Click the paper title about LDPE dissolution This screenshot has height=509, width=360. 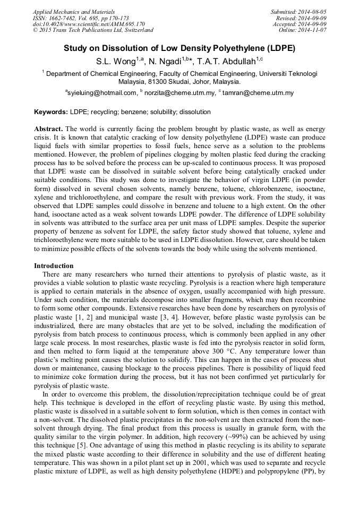(x=179, y=48)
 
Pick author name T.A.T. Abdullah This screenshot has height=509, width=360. (x=232, y=61)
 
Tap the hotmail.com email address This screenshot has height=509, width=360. (x=101, y=93)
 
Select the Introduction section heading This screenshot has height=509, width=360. (x=54, y=265)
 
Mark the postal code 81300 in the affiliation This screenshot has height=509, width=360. (x=151, y=82)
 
